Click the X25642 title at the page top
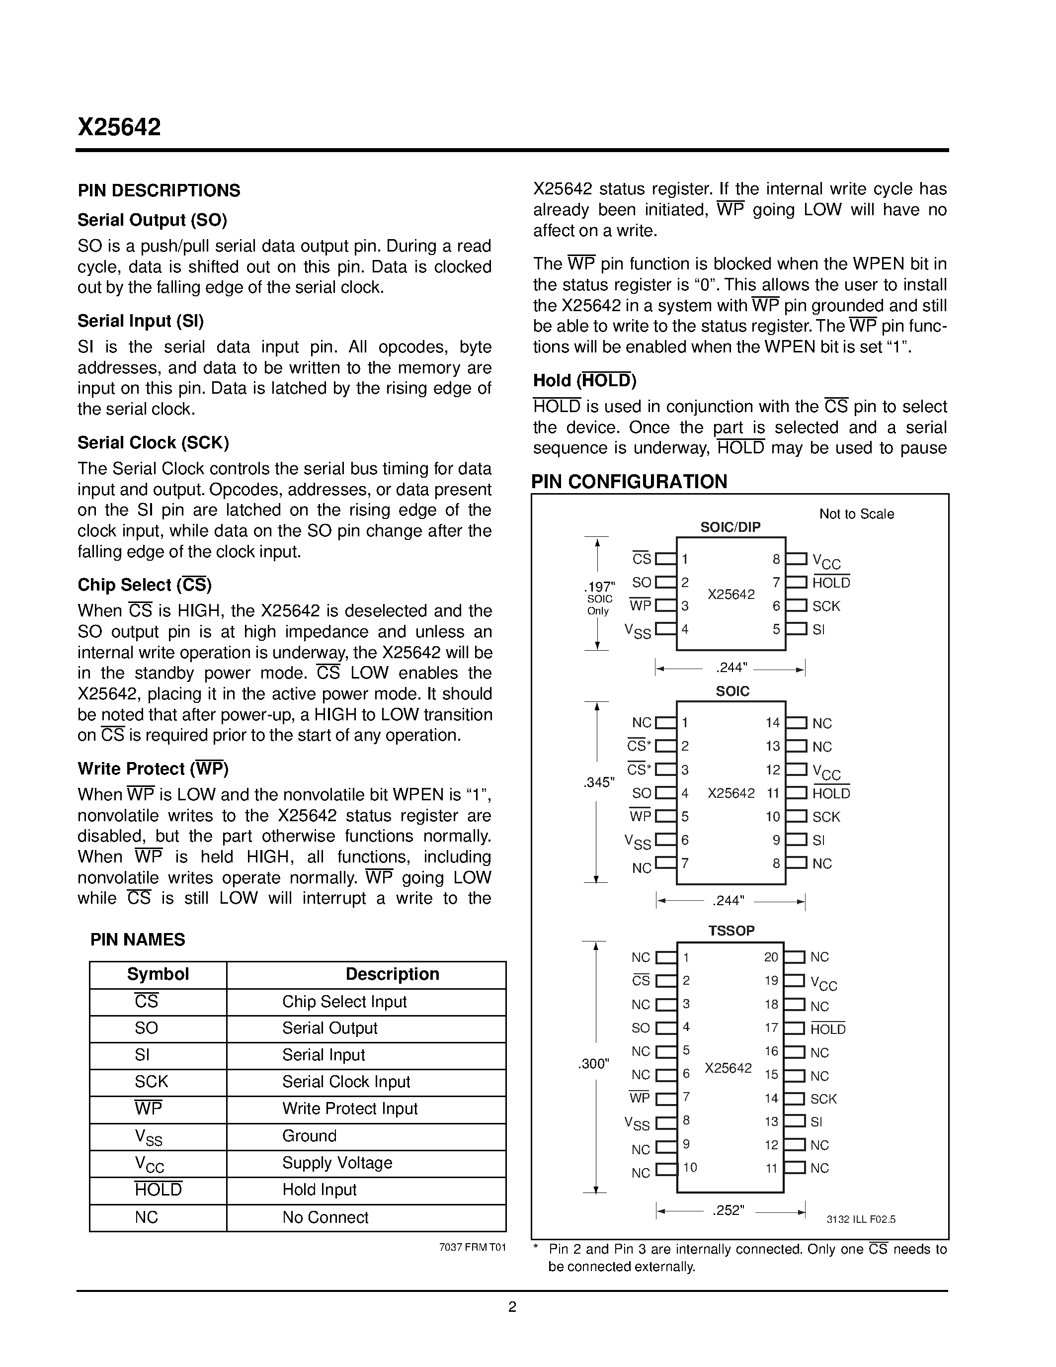(119, 128)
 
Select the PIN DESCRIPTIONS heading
(159, 190)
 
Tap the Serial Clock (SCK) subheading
(153, 442)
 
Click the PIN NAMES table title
(138, 940)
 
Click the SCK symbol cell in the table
(152, 1082)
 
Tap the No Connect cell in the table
(325, 1217)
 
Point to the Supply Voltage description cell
(337, 1163)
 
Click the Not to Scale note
(856, 514)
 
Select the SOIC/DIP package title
(730, 527)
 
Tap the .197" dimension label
(599, 587)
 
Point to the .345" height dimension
(599, 782)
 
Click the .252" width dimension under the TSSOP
(728, 1210)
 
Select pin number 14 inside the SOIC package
(773, 723)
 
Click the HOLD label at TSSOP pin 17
(828, 1029)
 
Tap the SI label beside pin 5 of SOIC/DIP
(819, 630)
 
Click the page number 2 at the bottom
(512, 1307)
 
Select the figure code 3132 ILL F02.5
(861, 1219)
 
